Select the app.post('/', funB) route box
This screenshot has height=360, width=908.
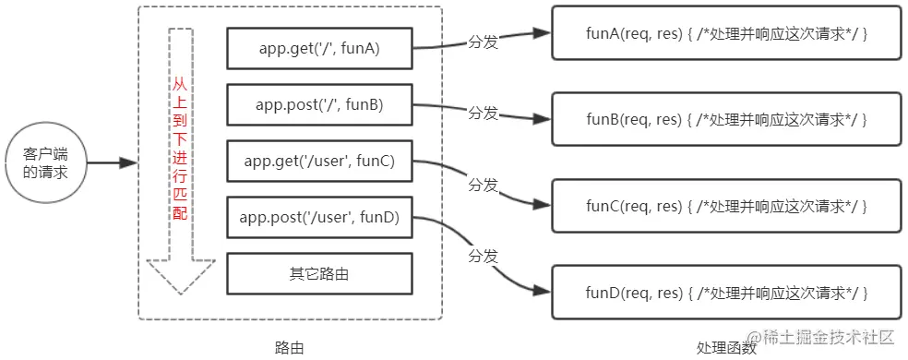pos(319,105)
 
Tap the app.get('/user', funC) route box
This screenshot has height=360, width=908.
pos(319,162)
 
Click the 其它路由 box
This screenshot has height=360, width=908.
pos(319,274)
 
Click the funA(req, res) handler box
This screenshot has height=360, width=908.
pos(726,33)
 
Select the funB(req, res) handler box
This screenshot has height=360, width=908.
pos(726,119)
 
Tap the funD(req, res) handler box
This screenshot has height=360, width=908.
pos(726,292)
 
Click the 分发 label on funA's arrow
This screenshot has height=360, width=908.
pos(484,42)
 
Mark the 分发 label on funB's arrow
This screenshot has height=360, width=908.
pos(484,113)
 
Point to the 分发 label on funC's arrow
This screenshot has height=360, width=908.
pos(484,184)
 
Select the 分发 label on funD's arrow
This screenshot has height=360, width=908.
pos(484,254)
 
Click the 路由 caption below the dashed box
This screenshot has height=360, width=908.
pos(289,347)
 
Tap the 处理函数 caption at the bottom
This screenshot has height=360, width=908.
pos(726,348)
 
